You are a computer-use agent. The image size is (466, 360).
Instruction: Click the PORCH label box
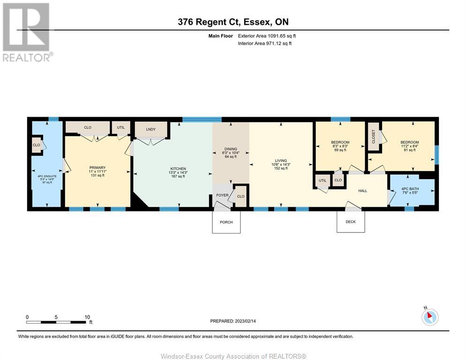tap(226, 222)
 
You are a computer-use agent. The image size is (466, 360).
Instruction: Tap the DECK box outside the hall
tap(351, 222)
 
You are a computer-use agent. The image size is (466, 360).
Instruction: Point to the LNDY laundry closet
tap(151, 129)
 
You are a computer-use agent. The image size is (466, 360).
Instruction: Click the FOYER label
tap(222, 195)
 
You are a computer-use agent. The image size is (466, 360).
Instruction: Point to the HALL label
tap(362, 191)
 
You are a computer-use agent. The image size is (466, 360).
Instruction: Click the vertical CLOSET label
tap(374, 136)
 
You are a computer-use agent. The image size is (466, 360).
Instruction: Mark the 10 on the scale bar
tap(87, 317)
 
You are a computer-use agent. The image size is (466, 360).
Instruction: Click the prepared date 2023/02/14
tap(245, 321)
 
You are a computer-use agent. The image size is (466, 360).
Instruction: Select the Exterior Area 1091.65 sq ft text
tap(267, 36)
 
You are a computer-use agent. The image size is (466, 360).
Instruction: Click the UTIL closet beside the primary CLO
tap(121, 127)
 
